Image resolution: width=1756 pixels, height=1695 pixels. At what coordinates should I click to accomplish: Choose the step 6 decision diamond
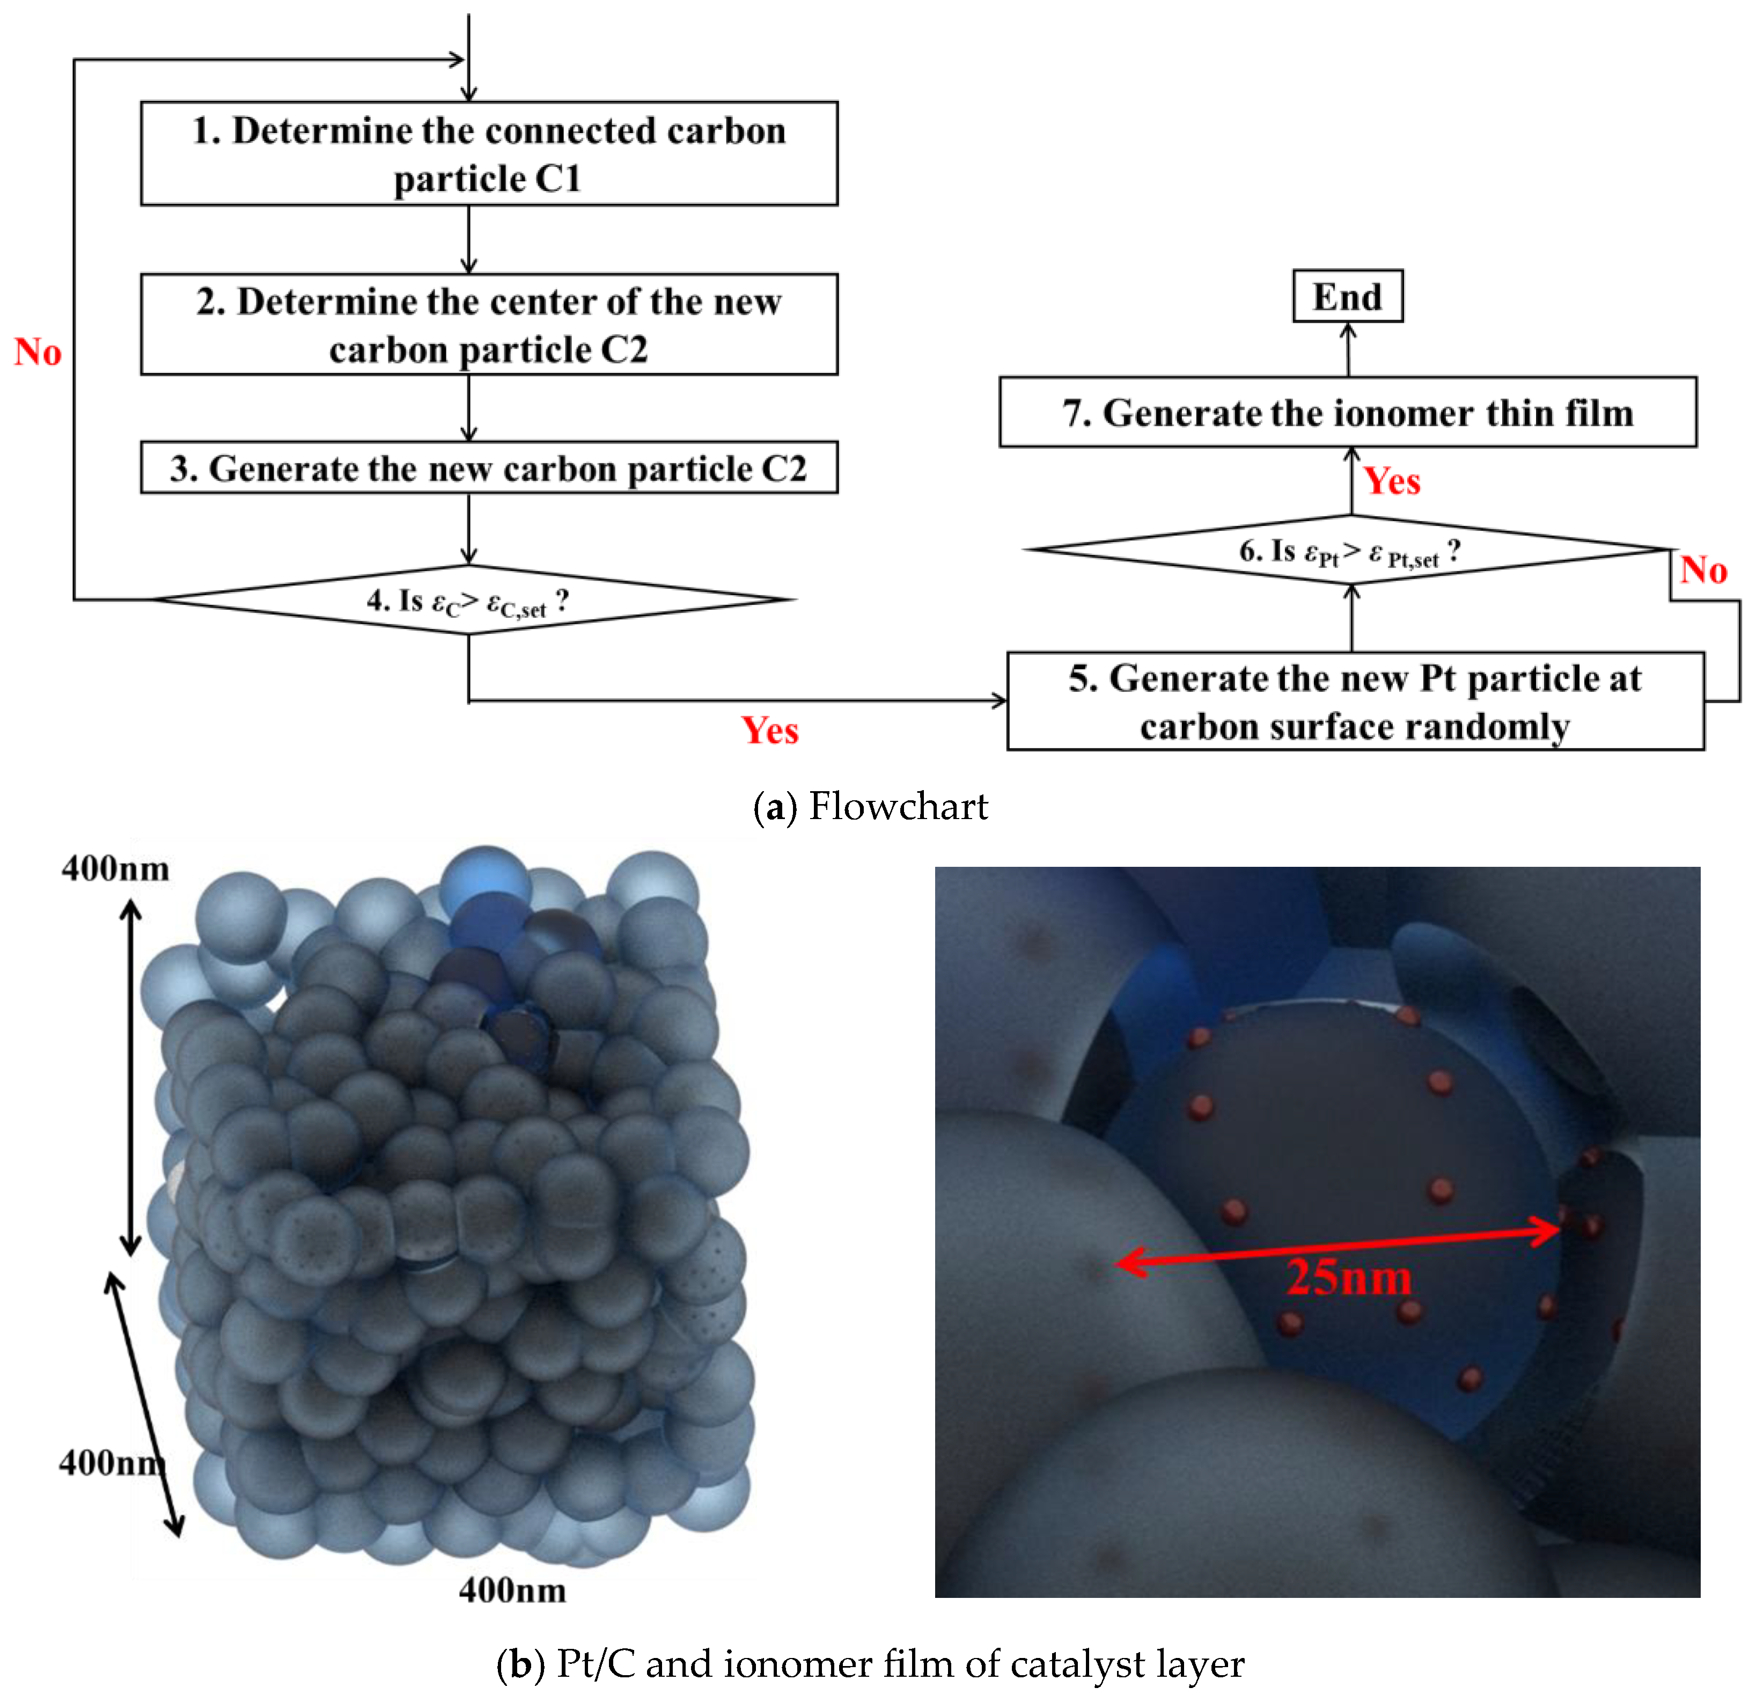point(1349,550)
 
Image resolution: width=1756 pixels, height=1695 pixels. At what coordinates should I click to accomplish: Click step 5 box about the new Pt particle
point(1355,702)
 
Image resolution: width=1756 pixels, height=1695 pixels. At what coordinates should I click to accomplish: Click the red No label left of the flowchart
point(38,352)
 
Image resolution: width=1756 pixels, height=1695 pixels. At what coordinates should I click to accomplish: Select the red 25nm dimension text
point(1348,1278)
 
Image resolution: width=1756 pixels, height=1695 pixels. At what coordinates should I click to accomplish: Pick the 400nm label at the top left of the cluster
point(115,868)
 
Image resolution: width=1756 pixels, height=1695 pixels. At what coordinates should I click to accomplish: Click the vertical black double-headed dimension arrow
point(131,1077)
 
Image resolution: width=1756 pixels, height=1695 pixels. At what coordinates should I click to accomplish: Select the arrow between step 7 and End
point(1348,349)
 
